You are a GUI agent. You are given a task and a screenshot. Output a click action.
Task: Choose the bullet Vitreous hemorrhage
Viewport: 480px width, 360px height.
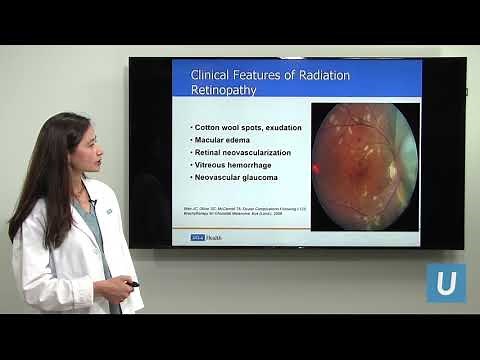tap(234, 164)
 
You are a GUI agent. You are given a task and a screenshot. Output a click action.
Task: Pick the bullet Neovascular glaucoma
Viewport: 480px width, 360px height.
tap(237, 177)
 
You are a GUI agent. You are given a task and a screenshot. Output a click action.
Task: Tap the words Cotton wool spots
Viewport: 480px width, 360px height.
tap(225, 128)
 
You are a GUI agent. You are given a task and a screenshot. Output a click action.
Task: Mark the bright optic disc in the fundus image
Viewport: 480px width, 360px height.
tap(393, 171)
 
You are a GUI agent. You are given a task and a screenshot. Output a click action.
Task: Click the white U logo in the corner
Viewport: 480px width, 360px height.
tap(446, 282)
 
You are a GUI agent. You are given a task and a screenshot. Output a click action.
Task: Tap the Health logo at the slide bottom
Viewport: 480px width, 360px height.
tap(195, 237)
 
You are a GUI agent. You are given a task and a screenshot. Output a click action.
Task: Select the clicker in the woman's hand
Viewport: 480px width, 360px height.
tap(131, 285)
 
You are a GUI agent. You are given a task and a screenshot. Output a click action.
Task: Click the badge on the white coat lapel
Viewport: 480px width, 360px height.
tap(93, 208)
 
